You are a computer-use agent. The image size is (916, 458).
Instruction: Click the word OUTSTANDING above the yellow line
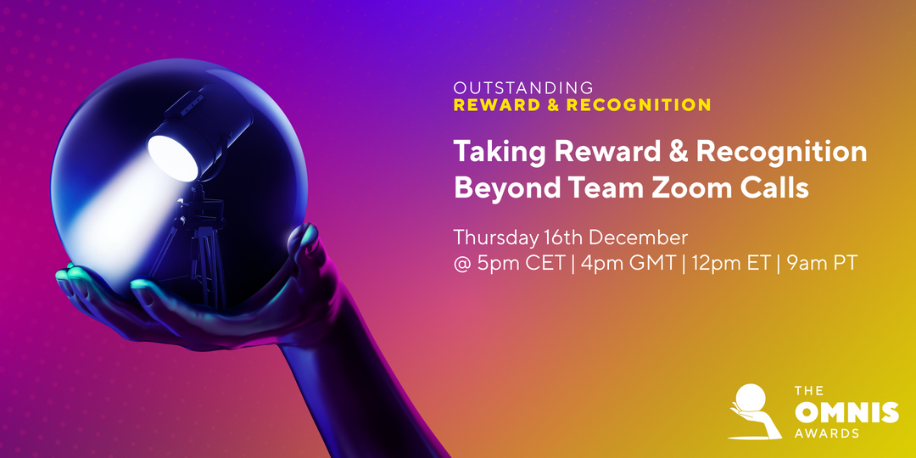523,87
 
